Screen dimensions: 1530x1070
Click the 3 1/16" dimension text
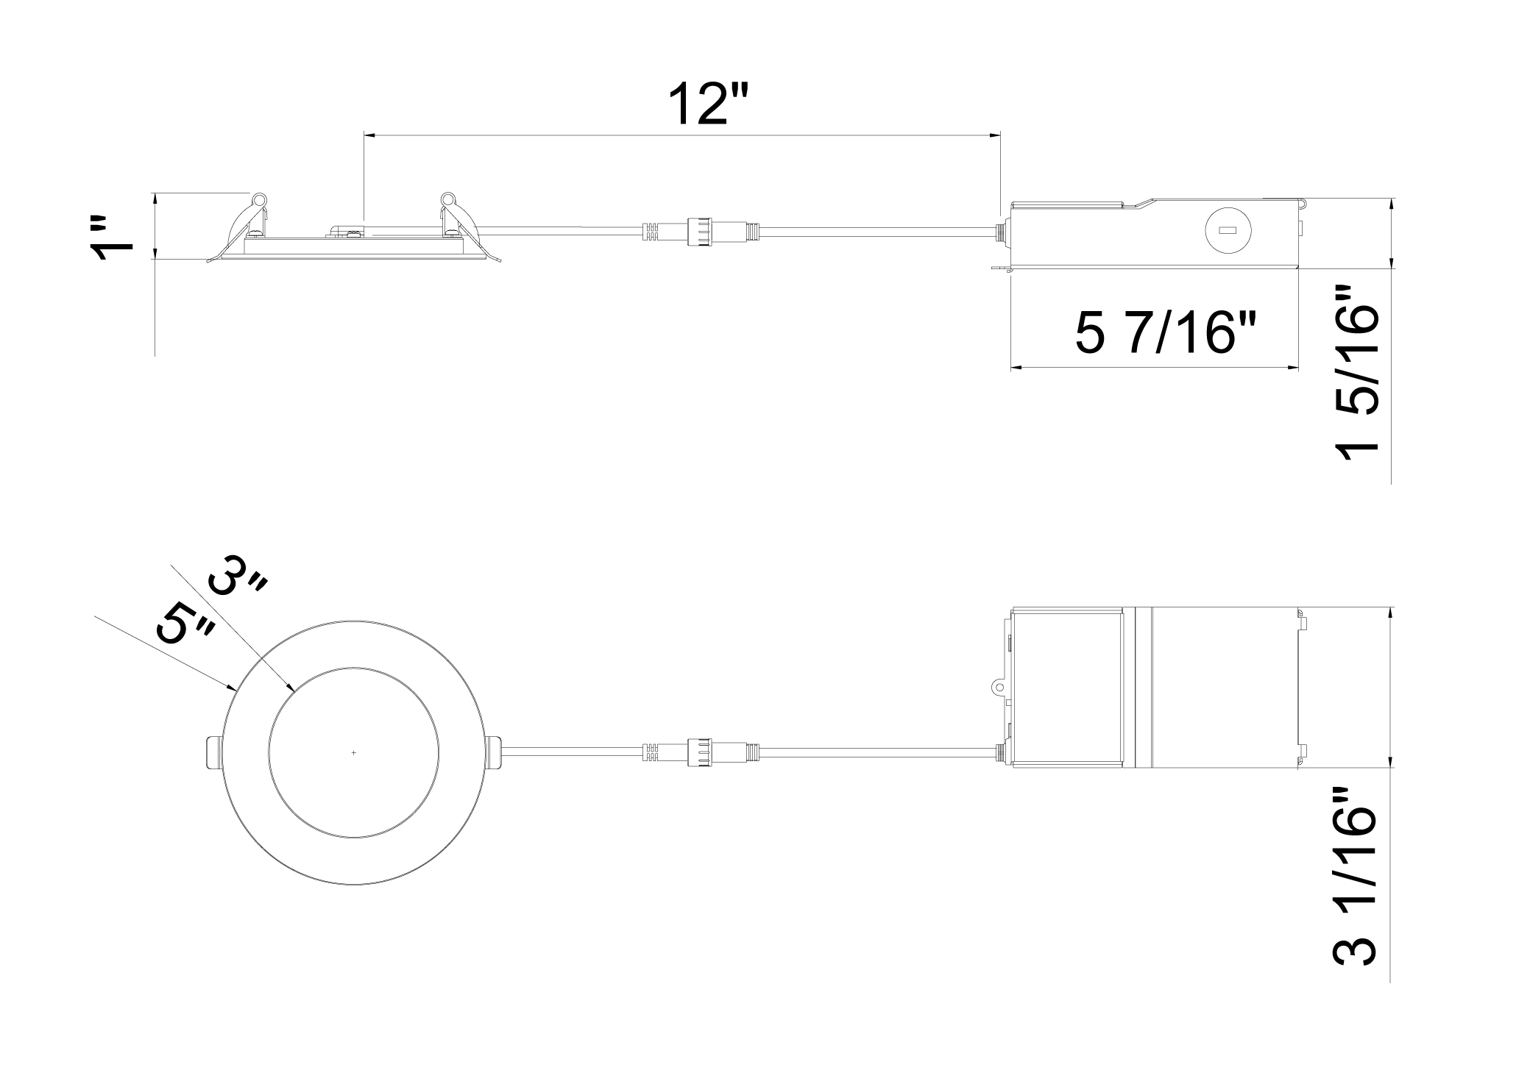click(x=1355, y=887)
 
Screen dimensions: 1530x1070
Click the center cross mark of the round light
click(x=354, y=752)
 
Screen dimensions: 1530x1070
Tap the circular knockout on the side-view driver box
click(x=1225, y=231)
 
